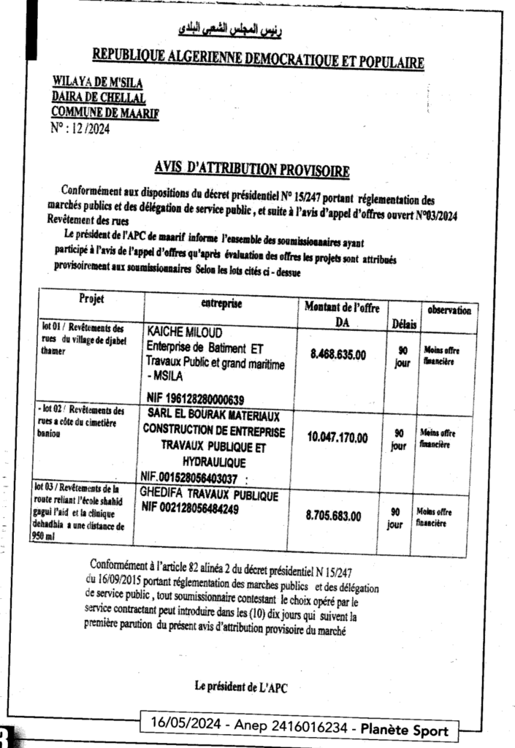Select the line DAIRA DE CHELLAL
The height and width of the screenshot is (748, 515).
click(x=99, y=98)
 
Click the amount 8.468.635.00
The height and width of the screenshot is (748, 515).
click(x=338, y=354)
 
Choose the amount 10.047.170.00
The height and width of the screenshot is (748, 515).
click(x=337, y=438)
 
